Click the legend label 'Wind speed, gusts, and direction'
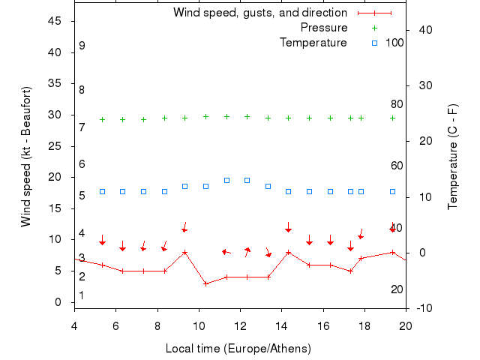259,13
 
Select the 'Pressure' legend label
323,28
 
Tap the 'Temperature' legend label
313,43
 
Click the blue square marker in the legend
374,43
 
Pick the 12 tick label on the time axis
240,325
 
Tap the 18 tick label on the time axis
364,325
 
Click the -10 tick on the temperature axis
424,308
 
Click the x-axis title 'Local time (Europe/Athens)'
238,349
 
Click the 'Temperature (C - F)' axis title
452,157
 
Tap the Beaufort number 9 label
82,46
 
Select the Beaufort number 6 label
82,164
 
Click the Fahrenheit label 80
397,104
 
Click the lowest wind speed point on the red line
205,283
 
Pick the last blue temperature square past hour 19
392,191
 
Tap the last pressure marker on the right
392,118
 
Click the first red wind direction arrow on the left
102,241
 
